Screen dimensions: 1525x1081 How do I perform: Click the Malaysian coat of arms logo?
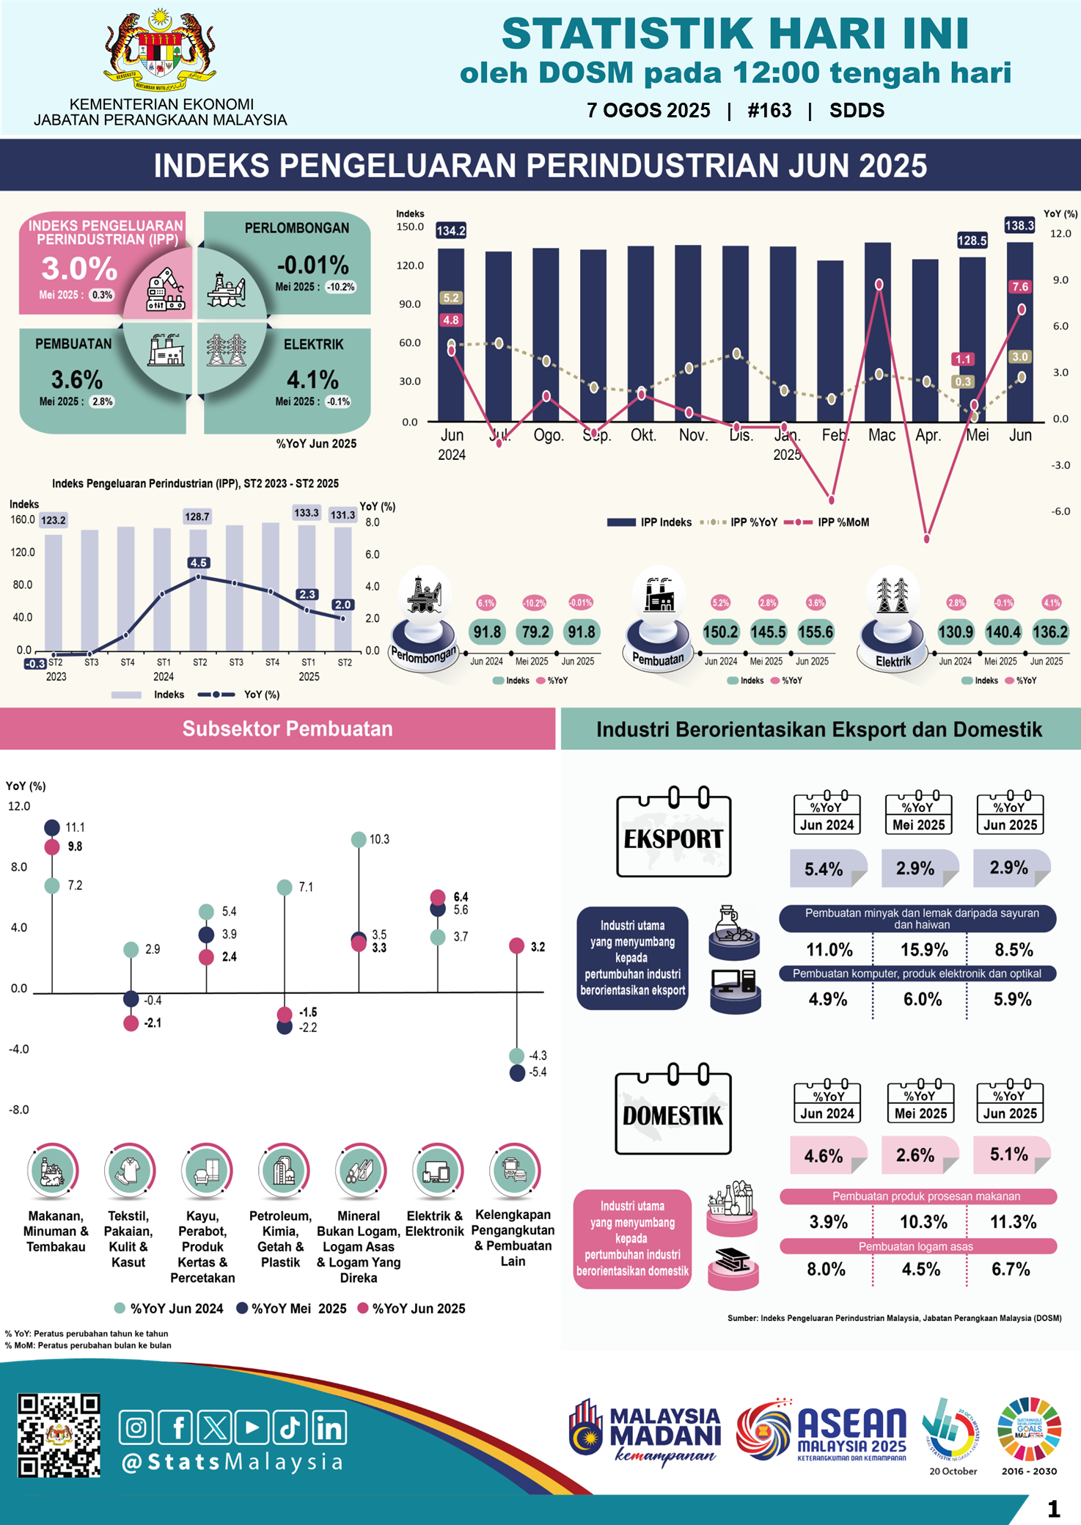[x=160, y=49]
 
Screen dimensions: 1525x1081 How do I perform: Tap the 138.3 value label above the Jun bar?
[x=1019, y=225]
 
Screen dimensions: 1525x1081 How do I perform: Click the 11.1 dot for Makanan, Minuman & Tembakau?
[x=52, y=827]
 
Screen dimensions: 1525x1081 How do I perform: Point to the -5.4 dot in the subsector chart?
[x=517, y=1072]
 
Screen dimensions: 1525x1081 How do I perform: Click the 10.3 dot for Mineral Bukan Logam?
[x=359, y=839]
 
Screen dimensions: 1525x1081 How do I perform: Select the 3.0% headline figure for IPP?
[x=79, y=268]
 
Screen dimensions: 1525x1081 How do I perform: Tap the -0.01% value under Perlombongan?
[x=312, y=265]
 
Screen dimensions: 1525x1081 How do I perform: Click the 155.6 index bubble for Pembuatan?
[x=816, y=632]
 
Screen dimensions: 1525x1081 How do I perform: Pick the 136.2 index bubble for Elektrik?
[x=1049, y=632]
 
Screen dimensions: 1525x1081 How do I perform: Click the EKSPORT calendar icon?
[x=673, y=833]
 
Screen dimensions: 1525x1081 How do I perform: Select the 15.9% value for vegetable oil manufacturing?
[x=924, y=950]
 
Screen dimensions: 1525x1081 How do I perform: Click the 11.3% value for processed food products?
[x=1013, y=1222]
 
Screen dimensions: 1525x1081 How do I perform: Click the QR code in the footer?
[x=59, y=1435]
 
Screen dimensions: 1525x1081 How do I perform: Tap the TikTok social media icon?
[x=290, y=1427]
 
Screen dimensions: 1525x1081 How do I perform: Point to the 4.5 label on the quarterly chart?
[x=198, y=563]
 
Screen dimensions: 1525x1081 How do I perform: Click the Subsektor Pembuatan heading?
[x=287, y=728]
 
